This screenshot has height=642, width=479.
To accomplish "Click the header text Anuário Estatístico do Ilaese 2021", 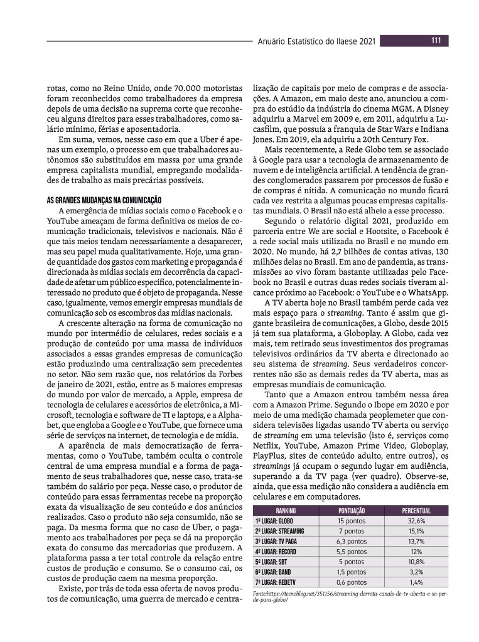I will (x=316, y=41).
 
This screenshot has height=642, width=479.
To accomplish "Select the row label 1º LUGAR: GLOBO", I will (x=274, y=521).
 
